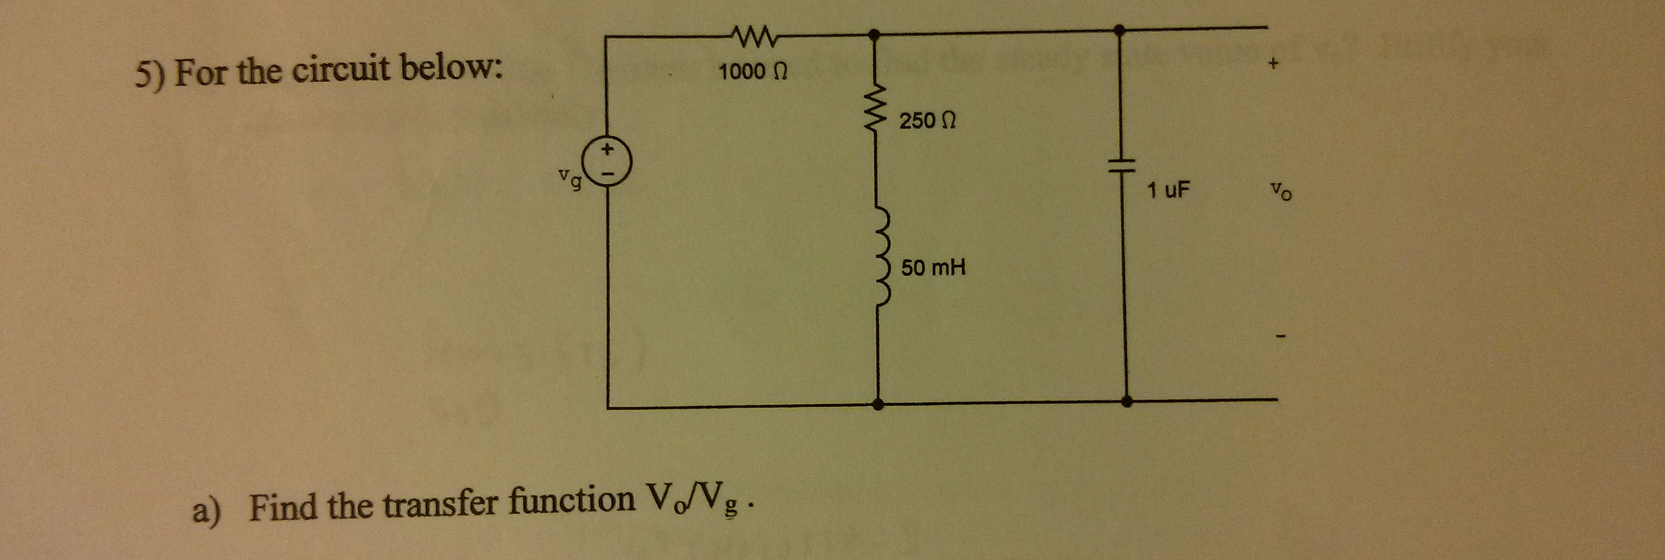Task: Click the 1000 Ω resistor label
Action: coord(753,71)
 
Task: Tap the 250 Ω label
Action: coord(927,121)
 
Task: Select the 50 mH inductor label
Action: coord(933,268)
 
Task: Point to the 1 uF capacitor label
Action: coord(1167,190)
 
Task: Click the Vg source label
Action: coord(571,178)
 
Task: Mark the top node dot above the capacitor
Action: coord(1120,30)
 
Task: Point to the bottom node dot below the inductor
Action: coord(878,404)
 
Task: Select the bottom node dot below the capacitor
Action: coord(1126,402)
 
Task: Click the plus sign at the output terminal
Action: coord(1273,65)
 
